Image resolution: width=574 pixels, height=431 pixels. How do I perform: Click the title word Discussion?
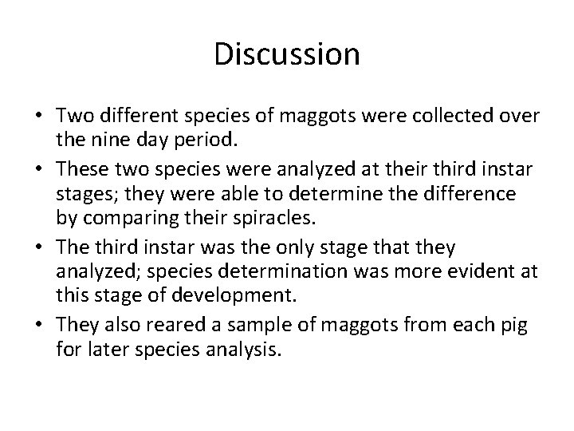tap(287, 54)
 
